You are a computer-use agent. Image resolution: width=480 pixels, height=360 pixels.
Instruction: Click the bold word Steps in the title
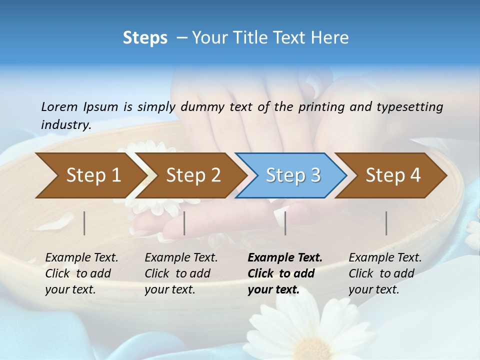145,38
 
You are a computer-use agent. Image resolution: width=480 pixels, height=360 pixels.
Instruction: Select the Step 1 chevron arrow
90,175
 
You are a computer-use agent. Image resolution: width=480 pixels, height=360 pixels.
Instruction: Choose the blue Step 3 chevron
291,175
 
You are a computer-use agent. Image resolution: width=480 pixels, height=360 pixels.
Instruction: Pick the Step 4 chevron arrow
391,175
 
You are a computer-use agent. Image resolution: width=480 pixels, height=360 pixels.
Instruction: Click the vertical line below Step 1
84,223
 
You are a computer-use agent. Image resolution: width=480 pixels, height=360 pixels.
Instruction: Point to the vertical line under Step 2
184,223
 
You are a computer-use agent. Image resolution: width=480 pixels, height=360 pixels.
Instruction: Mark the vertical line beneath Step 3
285,223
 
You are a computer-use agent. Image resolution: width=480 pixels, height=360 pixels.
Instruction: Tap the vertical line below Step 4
386,223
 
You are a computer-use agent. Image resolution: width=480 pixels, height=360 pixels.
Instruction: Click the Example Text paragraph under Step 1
81,273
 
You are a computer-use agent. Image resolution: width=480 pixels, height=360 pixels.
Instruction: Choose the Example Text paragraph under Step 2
181,273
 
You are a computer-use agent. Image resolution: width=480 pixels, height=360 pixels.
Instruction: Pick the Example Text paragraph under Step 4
385,273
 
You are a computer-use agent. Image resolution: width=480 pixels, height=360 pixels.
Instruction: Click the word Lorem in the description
59,106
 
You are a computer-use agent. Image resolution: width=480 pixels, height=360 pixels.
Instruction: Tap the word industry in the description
65,124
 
